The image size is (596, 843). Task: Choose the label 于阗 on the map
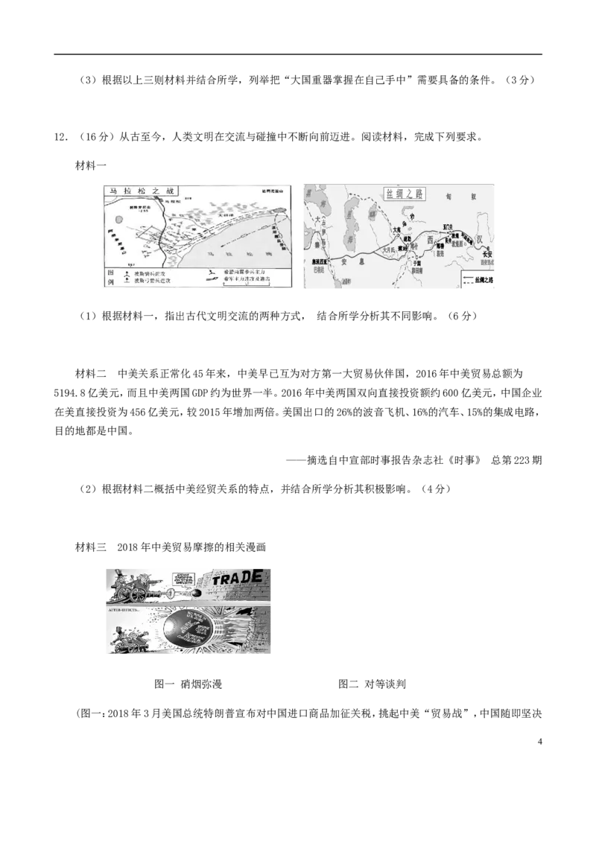[416, 263]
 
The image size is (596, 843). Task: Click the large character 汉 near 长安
[481, 239]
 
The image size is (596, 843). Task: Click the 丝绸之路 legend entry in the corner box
[480, 281]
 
